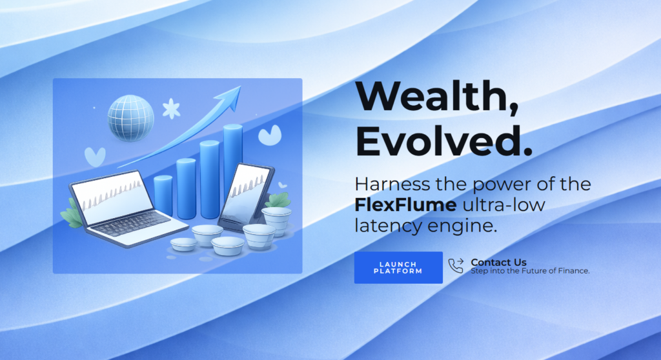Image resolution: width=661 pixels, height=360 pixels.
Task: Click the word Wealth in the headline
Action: pos(435,95)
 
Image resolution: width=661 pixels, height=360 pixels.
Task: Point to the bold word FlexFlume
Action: pos(405,205)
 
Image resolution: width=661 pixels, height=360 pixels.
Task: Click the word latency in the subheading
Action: pos(389,226)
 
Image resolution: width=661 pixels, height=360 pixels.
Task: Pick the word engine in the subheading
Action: pos(462,226)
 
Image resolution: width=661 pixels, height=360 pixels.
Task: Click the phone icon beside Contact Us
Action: pos(456,266)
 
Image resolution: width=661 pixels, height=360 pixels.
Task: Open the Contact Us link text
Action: pos(498,262)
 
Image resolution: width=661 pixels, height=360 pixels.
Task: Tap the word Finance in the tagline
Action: pos(573,270)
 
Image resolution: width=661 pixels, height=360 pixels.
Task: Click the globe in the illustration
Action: pos(130,117)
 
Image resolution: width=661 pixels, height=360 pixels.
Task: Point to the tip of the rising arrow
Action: pos(241,86)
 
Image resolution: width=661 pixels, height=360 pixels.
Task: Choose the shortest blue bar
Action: pos(163,195)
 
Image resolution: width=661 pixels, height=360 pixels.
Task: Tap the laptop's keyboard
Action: pos(130,223)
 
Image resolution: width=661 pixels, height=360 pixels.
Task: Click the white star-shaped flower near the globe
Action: pos(171,109)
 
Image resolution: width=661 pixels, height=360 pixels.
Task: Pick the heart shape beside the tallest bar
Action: pos(270,135)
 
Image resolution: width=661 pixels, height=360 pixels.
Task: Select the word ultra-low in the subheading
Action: pos(503,205)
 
